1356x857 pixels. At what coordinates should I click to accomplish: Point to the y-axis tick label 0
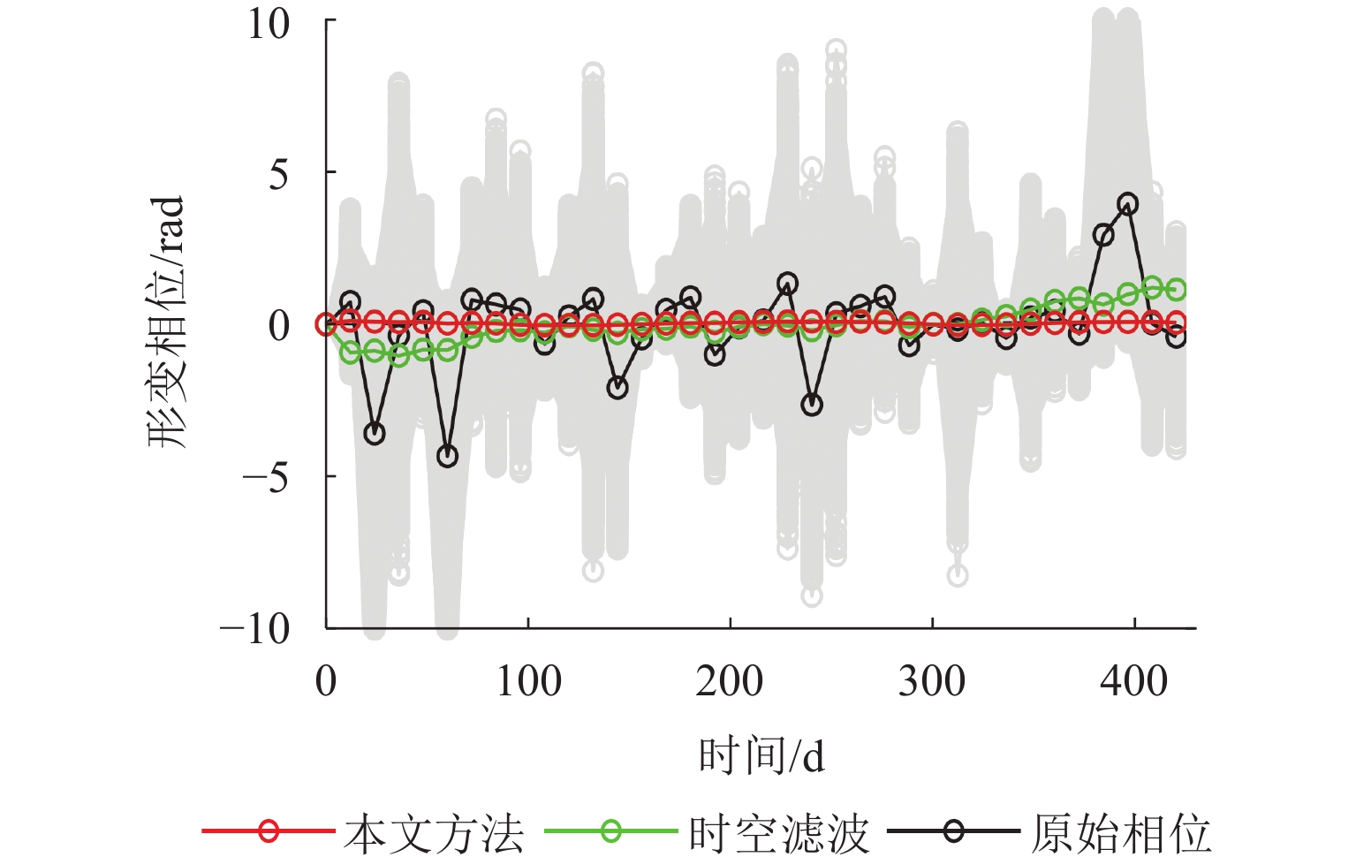[x=278, y=326]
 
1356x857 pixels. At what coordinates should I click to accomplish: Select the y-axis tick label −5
[x=266, y=478]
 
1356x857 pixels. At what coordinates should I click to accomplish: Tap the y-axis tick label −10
[x=255, y=630]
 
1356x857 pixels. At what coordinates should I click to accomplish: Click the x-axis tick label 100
[x=528, y=682]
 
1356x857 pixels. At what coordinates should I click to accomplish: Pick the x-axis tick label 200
[x=730, y=682]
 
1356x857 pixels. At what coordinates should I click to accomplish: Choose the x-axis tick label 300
[x=932, y=682]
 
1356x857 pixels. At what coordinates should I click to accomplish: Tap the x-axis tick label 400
[x=1133, y=682]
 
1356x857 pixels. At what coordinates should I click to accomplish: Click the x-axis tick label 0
[x=326, y=682]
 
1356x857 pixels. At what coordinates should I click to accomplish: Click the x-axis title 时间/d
[x=761, y=756]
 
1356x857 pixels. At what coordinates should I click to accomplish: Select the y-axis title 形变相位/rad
[x=167, y=322]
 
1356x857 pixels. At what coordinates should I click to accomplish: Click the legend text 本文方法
[x=434, y=833]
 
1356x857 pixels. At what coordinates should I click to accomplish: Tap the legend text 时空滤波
[x=779, y=833]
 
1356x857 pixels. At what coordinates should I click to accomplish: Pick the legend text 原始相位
[x=1121, y=833]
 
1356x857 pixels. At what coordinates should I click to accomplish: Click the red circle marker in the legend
[x=269, y=830]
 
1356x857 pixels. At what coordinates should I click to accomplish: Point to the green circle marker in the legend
[x=611, y=830]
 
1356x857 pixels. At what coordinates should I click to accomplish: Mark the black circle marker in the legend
[x=953, y=830]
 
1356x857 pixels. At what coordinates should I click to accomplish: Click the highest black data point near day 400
[x=1127, y=204]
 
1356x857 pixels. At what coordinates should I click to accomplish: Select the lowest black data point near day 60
[x=448, y=456]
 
